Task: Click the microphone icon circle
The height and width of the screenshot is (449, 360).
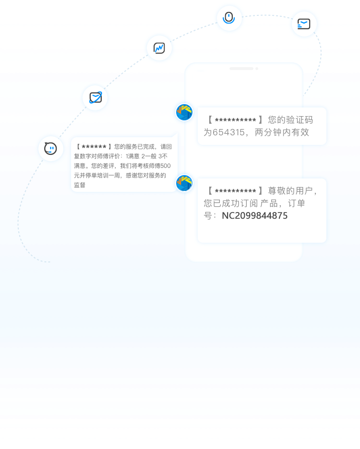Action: (x=229, y=18)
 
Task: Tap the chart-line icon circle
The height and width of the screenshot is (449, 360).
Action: (x=159, y=48)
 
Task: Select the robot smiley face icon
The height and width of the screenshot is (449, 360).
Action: (x=50, y=149)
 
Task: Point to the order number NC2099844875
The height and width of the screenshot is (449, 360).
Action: (x=254, y=216)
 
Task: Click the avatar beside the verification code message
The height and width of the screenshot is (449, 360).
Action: (x=184, y=112)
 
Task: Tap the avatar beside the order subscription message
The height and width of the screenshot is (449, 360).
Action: (x=184, y=183)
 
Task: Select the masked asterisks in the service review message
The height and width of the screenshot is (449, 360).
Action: (x=94, y=147)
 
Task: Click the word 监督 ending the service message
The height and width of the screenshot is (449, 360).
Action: (x=80, y=185)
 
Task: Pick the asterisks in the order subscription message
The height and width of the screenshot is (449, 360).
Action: (x=235, y=191)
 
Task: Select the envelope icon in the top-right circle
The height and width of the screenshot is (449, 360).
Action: (x=304, y=24)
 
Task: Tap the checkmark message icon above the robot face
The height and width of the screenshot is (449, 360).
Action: (x=95, y=97)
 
